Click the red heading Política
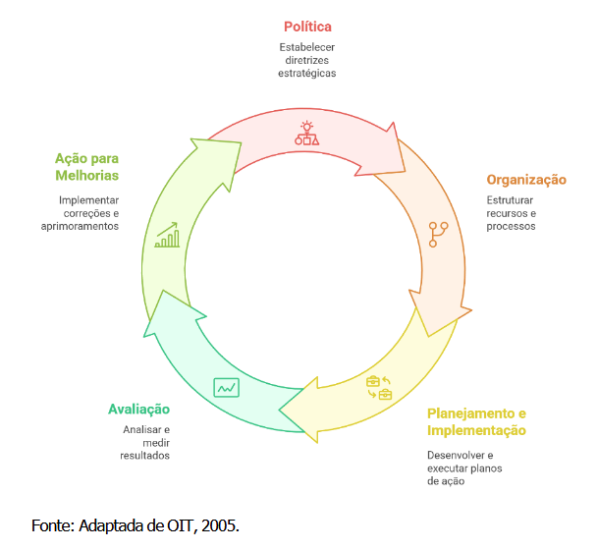pyautogui.click(x=308, y=27)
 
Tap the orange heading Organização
pyautogui.click(x=526, y=180)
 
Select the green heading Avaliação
pyautogui.click(x=138, y=409)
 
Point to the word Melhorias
pyautogui.click(x=86, y=175)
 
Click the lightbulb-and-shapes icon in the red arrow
pyautogui.click(x=307, y=134)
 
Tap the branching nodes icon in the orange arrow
pyautogui.click(x=438, y=235)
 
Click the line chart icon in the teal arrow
pyautogui.click(x=227, y=387)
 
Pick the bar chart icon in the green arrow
pyautogui.click(x=167, y=235)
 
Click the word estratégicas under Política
pyautogui.click(x=308, y=73)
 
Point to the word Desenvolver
pyautogui.click(x=459, y=455)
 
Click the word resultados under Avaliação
pyautogui.click(x=144, y=456)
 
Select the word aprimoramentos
pyautogui.click(x=81, y=226)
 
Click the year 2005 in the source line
pyautogui.click(x=220, y=525)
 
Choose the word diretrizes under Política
pyautogui.click(x=308, y=60)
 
